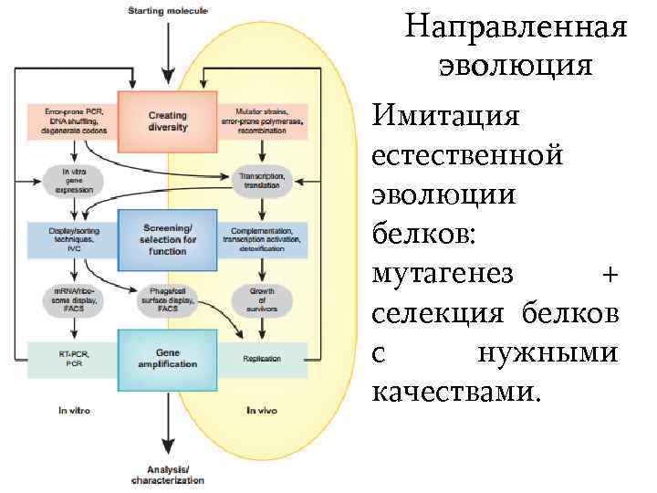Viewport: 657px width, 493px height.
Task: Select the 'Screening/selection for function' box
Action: (x=167, y=239)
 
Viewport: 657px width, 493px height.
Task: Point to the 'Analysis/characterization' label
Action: (x=168, y=474)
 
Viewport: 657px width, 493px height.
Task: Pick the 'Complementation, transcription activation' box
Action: (x=263, y=239)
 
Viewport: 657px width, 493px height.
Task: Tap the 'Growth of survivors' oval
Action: (x=262, y=299)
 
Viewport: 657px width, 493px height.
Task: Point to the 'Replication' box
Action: (x=262, y=359)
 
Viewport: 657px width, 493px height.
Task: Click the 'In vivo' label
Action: (x=262, y=412)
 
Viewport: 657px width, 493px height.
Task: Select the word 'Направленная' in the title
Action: (x=516, y=26)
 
